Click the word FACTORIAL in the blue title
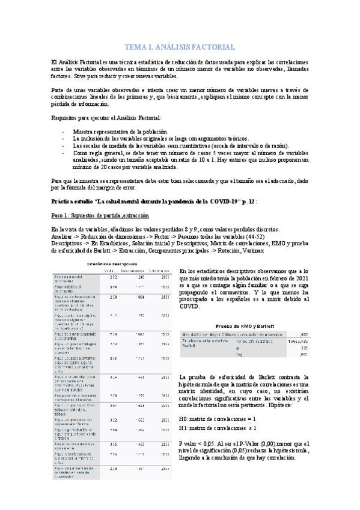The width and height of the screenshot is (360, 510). click(212, 47)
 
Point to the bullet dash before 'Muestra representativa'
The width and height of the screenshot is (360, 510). click(64, 131)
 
